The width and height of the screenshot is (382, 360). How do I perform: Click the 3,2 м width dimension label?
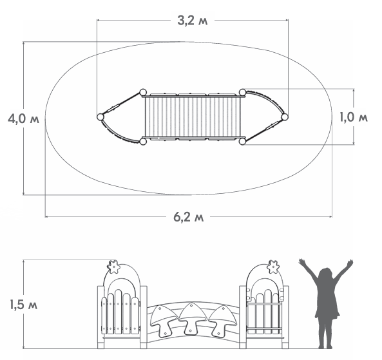(x=193, y=21)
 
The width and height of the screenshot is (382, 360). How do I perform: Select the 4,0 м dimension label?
(x=23, y=119)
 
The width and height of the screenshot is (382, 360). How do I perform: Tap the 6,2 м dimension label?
(x=188, y=216)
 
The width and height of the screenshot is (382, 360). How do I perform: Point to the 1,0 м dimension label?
(x=354, y=117)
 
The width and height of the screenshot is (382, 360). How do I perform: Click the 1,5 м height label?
(x=23, y=305)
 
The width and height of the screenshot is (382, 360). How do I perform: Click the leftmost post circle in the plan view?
(x=100, y=117)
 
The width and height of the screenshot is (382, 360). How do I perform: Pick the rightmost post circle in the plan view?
(x=285, y=117)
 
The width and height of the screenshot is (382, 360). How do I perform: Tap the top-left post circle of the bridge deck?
(x=142, y=93)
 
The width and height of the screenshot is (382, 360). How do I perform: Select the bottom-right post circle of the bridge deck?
(x=242, y=141)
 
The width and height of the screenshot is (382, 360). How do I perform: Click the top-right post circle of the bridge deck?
(x=242, y=92)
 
